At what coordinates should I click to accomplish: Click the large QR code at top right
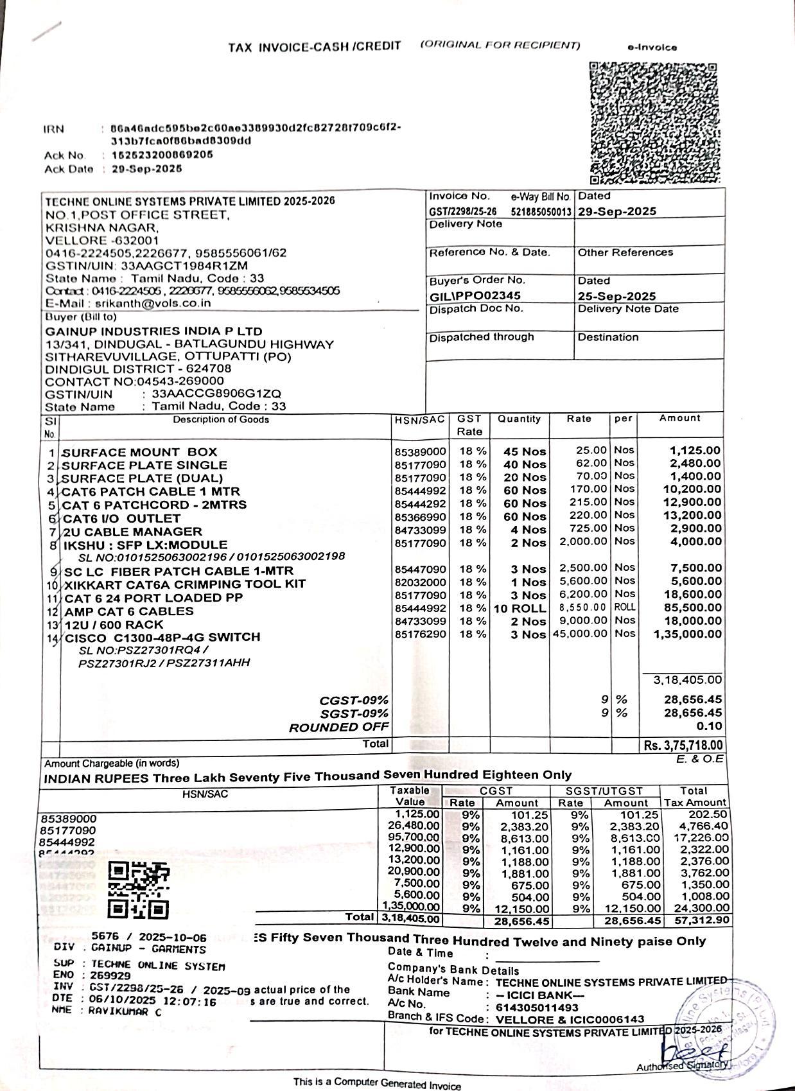pyautogui.click(x=654, y=123)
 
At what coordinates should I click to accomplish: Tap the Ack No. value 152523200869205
pyautogui.click(x=162, y=155)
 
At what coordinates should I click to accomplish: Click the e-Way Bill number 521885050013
pyautogui.click(x=541, y=211)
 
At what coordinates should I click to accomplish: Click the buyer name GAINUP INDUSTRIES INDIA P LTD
pyautogui.click(x=153, y=331)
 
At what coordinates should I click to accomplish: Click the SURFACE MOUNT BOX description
pyautogui.click(x=139, y=452)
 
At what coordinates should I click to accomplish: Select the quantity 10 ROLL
pyautogui.click(x=520, y=608)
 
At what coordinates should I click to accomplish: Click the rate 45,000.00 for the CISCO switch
pyautogui.click(x=579, y=634)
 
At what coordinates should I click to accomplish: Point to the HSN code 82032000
pyautogui.click(x=420, y=582)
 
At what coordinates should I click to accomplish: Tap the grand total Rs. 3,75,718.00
pyautogui.click(x=683, y=746)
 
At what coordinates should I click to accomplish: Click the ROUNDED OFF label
pyautogui.click(x=338, y=728)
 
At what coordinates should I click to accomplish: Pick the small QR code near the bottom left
pyautogui.click(x=139, y=890)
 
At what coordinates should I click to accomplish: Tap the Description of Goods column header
pyautogui.click(x=220, y=420)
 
